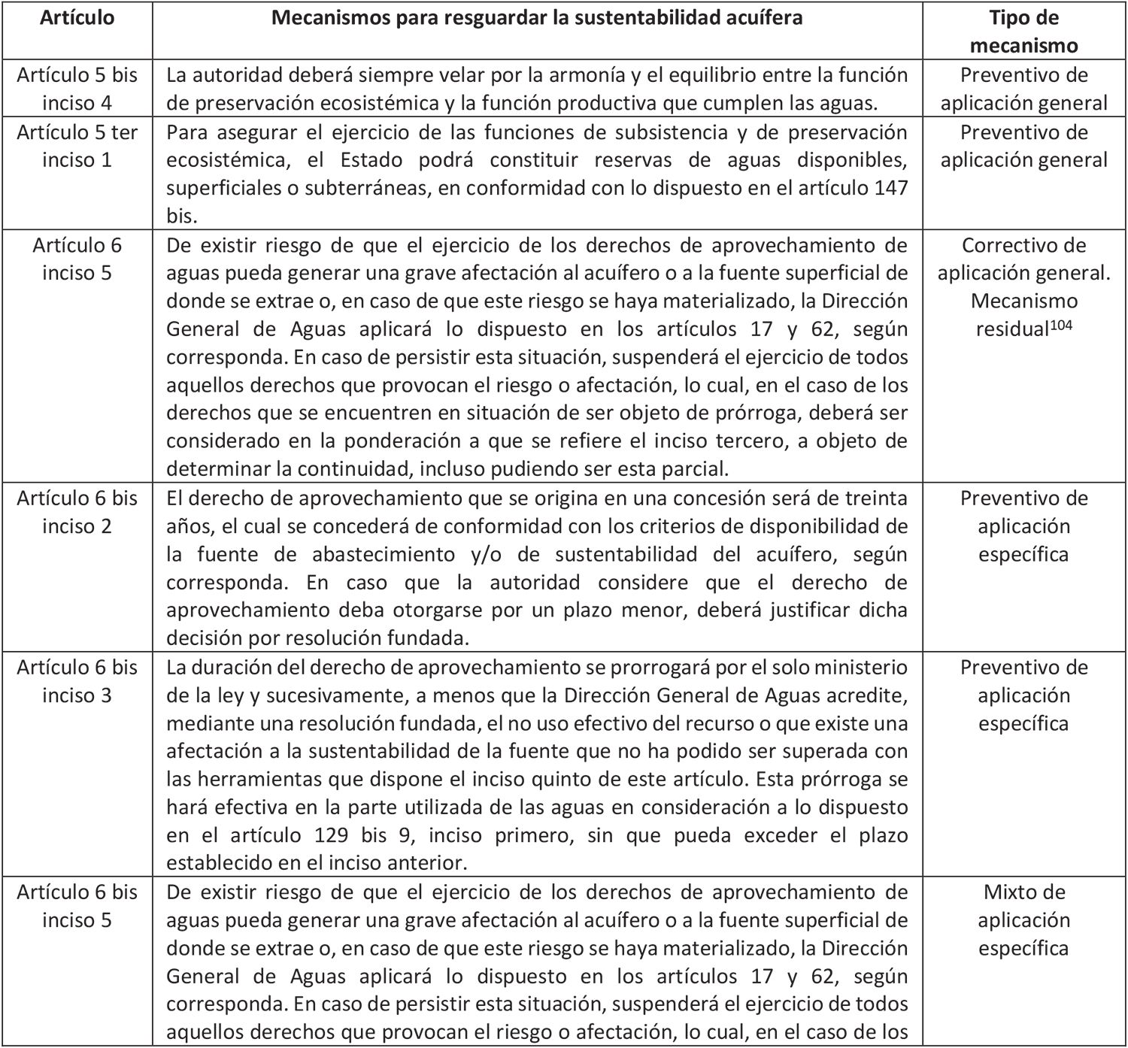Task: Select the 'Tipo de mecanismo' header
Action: pos(1023,32)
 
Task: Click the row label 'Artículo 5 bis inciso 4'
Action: pos(77,89)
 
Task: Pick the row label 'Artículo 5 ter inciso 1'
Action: pos(77,146)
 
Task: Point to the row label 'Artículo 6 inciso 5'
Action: pos(77,259)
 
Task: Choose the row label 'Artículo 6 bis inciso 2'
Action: pos(77,512)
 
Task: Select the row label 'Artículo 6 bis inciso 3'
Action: pos(77,681)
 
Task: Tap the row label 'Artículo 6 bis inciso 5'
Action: pos(77,906)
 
